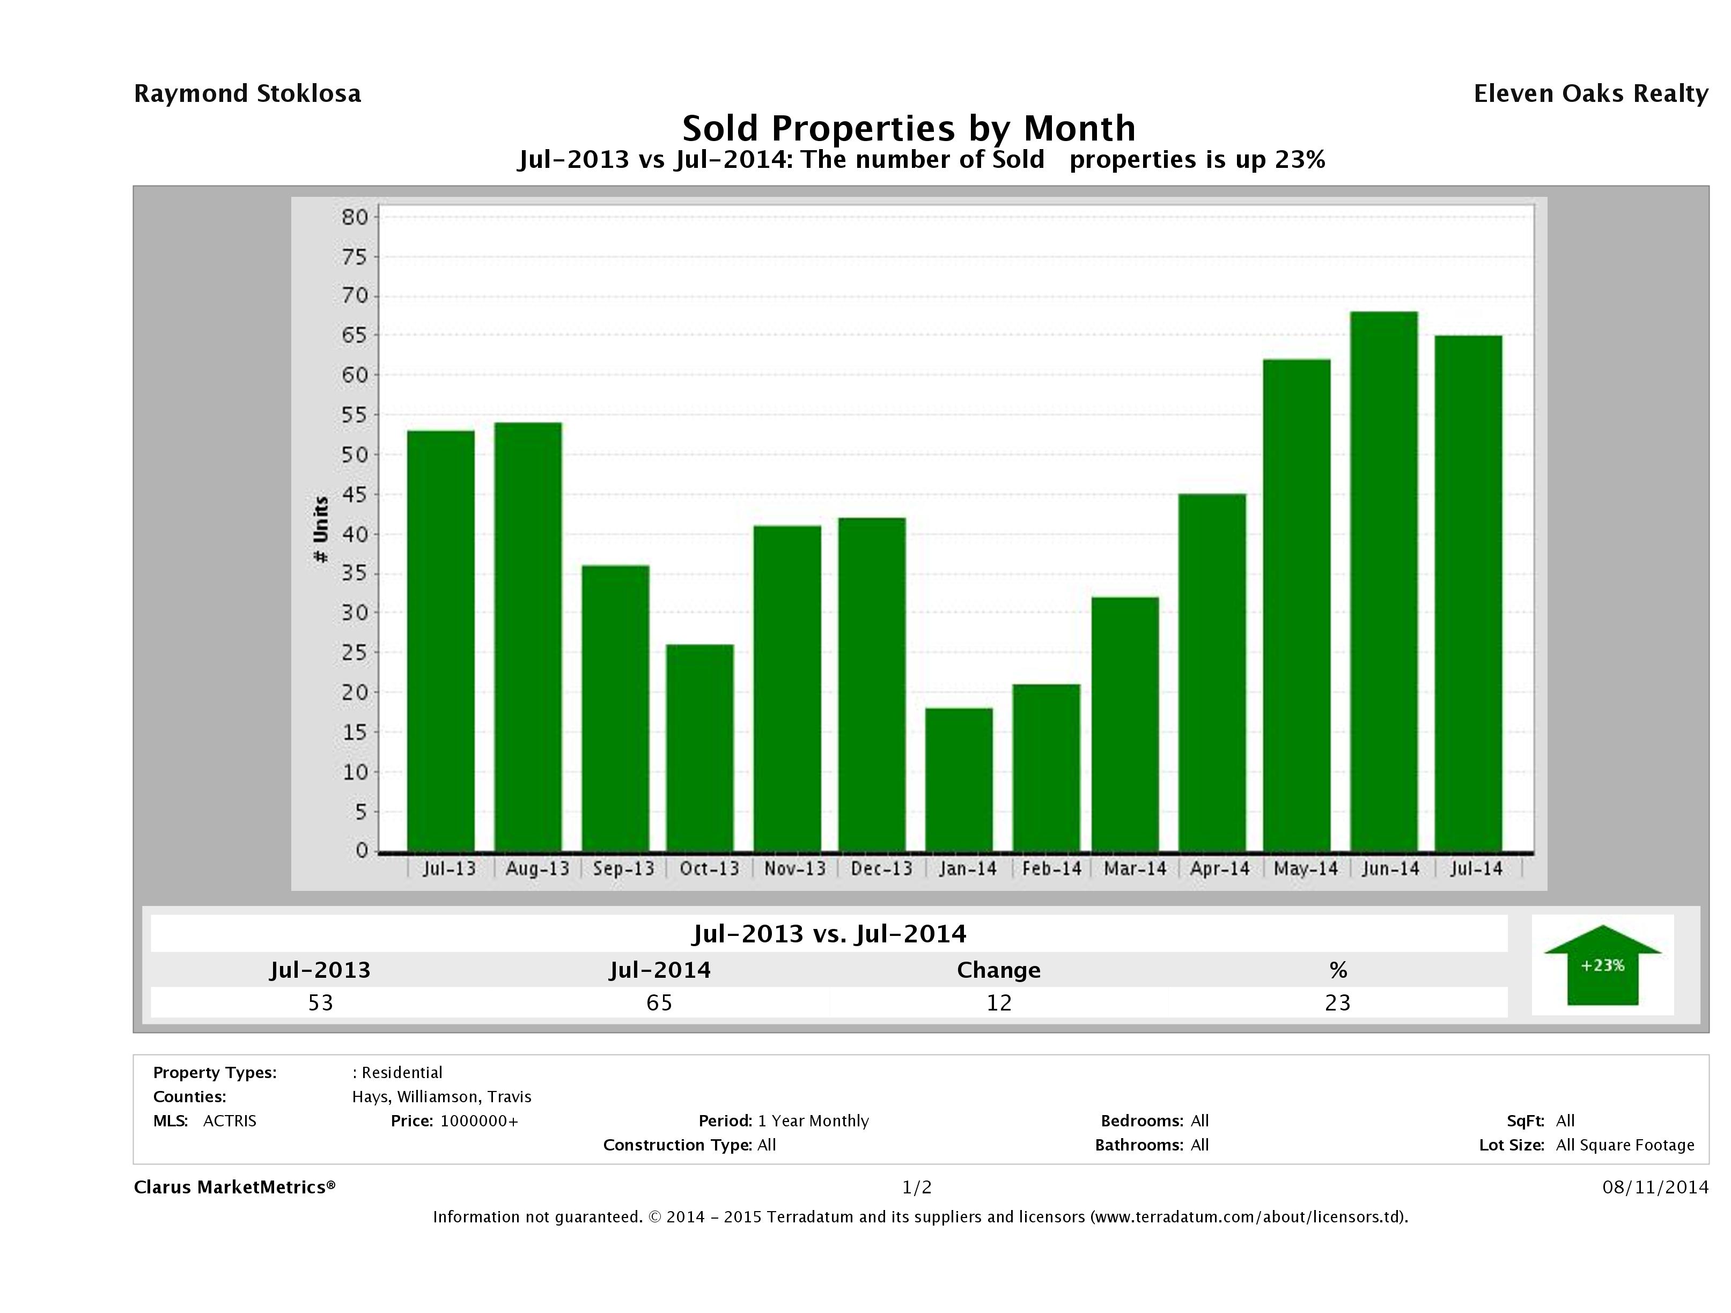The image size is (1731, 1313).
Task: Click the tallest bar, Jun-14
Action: coord(1383,580)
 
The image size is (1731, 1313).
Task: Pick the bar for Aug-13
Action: coord(528,636)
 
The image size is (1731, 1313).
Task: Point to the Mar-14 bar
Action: coord(1125,724)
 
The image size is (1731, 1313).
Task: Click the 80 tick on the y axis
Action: coord(355,217)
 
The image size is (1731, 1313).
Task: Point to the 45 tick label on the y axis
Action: coord(355,495)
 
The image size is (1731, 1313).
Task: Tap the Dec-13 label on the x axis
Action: coord(882,868)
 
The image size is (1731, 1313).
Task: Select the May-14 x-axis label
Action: coord(1305,868)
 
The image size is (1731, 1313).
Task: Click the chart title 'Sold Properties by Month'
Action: coord(909,128)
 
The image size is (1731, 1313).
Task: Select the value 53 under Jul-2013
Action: coord(321,1002)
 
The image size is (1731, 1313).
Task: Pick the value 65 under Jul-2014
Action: coord(659,1002)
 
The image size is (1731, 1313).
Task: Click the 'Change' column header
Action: coord(999,970)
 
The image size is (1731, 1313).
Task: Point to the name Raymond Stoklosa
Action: coord(247,94)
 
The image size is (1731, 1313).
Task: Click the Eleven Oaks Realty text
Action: coord(1590,94)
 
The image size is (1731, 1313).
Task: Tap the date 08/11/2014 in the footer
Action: coord(1655,1187)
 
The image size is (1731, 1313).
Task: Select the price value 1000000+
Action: coord(479,1120)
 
